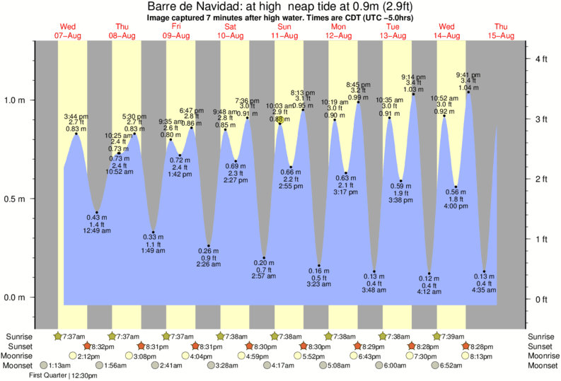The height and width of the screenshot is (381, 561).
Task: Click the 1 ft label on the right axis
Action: (x=541, y=239)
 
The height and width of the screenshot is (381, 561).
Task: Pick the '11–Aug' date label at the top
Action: (x=284, y=35)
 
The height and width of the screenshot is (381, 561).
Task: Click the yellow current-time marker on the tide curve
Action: (x=281, y=121)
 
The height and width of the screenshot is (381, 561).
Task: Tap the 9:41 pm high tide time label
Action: (x=468, y=75)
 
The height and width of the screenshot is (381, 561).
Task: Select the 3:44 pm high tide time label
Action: (x=76, y=116)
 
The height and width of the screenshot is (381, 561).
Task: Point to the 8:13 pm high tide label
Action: (x=303, y=93)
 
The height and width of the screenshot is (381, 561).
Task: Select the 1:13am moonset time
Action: (x=59, y=365)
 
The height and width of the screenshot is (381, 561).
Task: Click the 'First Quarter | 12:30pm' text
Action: (x=63, y=375)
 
